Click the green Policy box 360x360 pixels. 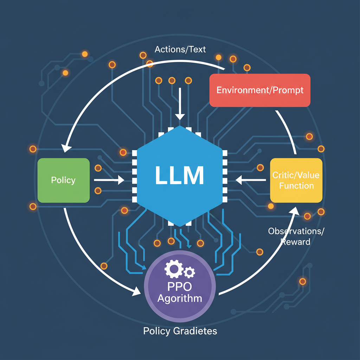click(x=63, y=180)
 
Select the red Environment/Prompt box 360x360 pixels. click(x=260, y=90)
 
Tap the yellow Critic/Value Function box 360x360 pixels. click(x=296, y=180)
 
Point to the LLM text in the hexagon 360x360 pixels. click(x=180, y=176)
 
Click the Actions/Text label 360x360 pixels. click(x=180, y=49)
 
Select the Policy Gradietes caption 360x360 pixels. click(x=180, y=331)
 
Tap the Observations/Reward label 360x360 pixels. click(x=296, y=236)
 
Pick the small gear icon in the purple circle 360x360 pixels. click(x=190, y=271)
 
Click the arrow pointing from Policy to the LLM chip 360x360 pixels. click(x=109, y=180)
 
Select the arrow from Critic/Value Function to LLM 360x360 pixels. click(x=250, y=180)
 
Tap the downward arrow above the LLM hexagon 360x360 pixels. click(x=180, y=104)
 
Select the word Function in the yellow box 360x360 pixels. click(x=296, y=186)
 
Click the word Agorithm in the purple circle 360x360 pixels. click(x=180, y=299)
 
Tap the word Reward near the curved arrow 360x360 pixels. click(x=295, y=242)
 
